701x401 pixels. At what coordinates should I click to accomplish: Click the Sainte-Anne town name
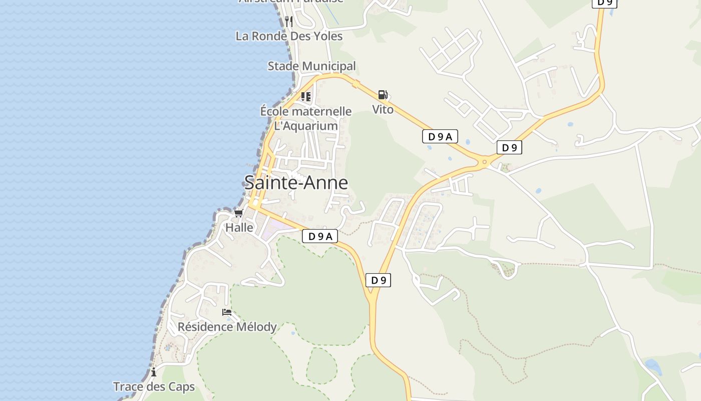296,182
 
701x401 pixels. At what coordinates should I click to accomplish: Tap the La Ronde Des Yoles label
289,36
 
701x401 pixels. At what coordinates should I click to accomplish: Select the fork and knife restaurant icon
288,21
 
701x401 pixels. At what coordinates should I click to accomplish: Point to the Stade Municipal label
311,66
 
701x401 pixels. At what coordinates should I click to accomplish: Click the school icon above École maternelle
306,96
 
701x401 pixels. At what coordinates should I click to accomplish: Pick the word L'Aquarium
306,126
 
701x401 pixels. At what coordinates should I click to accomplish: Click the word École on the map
277,111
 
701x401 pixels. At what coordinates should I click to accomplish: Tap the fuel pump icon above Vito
383,95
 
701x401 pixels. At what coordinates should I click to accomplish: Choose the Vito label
383,109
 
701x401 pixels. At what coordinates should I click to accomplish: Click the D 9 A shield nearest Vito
440,136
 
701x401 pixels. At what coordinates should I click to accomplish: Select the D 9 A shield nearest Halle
320,237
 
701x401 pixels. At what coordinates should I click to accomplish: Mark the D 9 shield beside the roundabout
509,147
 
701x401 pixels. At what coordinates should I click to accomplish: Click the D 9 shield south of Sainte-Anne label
378,280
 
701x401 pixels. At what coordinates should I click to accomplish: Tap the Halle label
239,227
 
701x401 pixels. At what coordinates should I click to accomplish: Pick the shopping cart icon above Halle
238,213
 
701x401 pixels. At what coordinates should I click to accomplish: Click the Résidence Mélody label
227,327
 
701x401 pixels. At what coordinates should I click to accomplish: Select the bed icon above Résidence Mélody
227,312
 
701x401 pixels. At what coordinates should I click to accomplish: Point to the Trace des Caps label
154,387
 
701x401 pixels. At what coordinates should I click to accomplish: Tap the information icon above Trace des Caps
154,372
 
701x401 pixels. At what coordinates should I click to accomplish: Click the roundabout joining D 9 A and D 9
484,162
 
